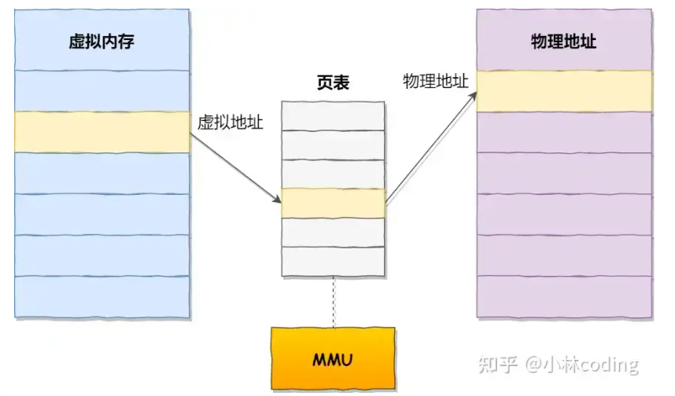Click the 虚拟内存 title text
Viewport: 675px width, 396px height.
[101, 42]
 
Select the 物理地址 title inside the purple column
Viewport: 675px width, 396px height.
[564, 42]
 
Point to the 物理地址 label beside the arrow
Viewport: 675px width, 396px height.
[435, 82]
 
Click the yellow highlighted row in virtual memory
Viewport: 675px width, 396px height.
[101, 132]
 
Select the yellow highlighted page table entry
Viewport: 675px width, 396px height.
[333, 203]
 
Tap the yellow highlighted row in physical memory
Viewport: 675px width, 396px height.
[564, 91]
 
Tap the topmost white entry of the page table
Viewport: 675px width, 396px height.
[333, 115]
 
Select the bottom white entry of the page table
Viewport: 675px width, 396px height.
[333, 261]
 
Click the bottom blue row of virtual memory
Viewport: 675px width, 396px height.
[101, 297]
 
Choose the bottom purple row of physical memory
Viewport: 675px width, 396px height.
[564, 297]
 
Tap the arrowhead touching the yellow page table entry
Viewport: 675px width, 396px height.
[277, 200]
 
